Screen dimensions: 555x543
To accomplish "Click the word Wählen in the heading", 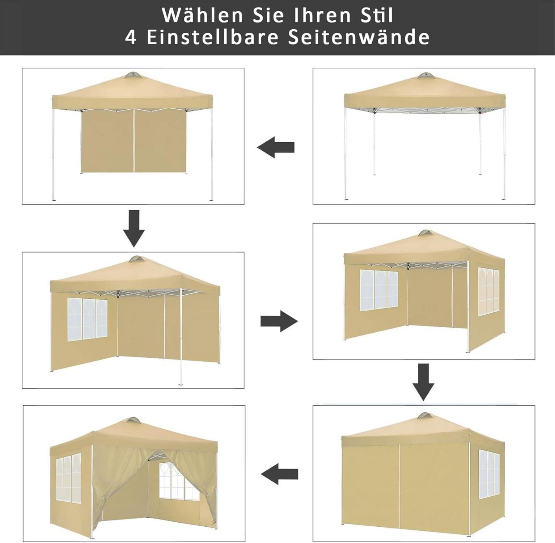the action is click(x=202, y=15).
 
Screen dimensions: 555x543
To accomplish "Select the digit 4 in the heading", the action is click(x=131, y=37).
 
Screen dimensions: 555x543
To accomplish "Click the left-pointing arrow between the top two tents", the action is click(x=276, y=147).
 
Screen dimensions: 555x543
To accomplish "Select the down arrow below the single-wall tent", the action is click(x=134, y=228).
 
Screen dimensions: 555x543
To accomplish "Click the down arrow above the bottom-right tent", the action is click(x=423, y=382).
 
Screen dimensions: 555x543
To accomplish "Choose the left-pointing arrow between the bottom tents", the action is click(x=279, y=474).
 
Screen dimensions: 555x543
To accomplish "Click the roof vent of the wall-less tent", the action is click(x=425, y=76).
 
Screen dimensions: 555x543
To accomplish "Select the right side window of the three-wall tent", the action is click(x=488, y=291).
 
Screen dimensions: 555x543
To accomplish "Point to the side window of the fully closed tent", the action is click(x=489, y=475).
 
